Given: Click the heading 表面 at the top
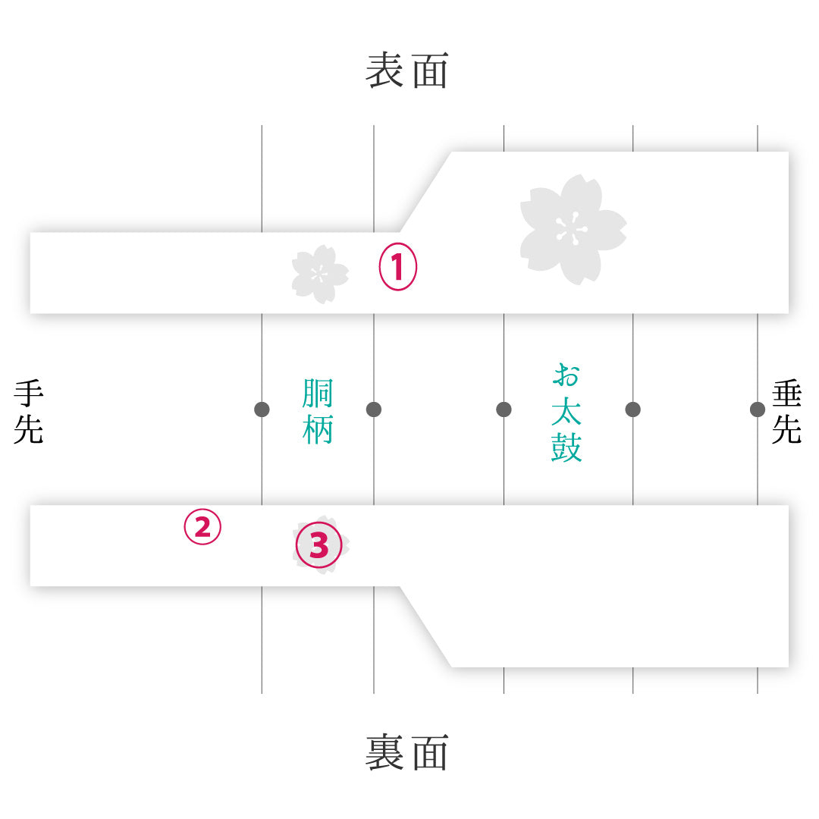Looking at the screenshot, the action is (x=407, y=70).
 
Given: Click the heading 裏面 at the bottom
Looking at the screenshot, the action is (x=407, y=752).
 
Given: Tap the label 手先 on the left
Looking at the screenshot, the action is (x=29, y=412).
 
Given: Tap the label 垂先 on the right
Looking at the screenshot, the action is (x=786, y=412).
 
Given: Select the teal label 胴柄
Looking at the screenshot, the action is (x=318, y=412).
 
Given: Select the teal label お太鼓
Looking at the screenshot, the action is (x=566, y=412).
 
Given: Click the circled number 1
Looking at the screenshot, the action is (x=398, y=266).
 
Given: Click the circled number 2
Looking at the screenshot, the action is (x=202, y=526).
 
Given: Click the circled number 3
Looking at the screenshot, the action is (x=319, y=544).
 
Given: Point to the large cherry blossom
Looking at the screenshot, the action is (x=573, y=230).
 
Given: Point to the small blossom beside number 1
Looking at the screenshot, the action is (x=320, y=275).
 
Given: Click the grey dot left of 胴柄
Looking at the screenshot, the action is (x=262, y=409).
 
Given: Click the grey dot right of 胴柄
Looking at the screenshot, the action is (x=374, y=409).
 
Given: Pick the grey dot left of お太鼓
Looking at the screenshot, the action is (x=504, y=409).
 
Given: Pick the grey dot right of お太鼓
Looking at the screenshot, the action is (x=633, y=409).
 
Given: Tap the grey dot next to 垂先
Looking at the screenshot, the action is (x=758, y=409).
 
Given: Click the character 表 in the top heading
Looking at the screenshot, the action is (x=384, y=70).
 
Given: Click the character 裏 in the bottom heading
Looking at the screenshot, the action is (x=384, y=752).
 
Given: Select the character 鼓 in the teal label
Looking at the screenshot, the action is (x=566, y=447).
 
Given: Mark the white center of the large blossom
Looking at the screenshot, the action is (x=572, y=229).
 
